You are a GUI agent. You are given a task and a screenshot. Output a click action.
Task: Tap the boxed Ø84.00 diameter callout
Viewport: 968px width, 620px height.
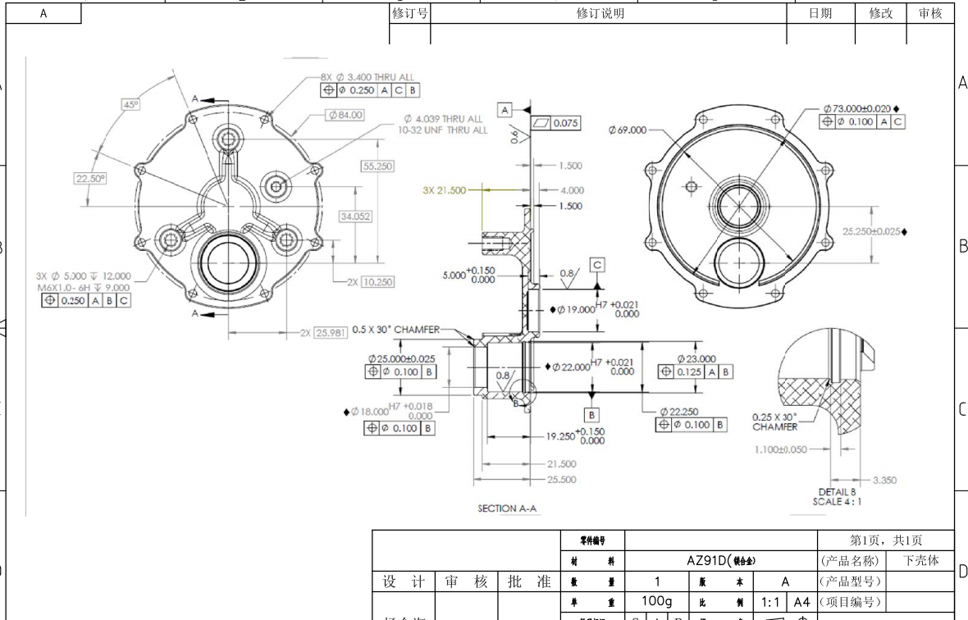[345, 115]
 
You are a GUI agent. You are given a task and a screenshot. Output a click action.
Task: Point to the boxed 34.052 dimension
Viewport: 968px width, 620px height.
[355, 217]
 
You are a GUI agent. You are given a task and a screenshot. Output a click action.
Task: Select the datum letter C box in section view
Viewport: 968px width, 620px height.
[597, 264]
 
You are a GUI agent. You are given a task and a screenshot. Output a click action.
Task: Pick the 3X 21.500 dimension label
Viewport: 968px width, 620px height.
[444, 190]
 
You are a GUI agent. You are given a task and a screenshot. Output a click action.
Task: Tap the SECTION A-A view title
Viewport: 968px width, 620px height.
[508, 508]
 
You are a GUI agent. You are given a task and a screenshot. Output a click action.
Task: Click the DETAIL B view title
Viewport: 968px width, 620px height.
[837, 492]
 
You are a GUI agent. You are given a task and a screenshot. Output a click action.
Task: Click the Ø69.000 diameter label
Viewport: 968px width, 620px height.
[628, 130]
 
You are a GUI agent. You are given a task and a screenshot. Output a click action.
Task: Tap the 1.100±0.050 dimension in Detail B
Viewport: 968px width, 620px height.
[780, 449]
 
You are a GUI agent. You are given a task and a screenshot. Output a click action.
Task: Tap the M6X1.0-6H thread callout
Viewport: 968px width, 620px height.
[82, 287]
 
